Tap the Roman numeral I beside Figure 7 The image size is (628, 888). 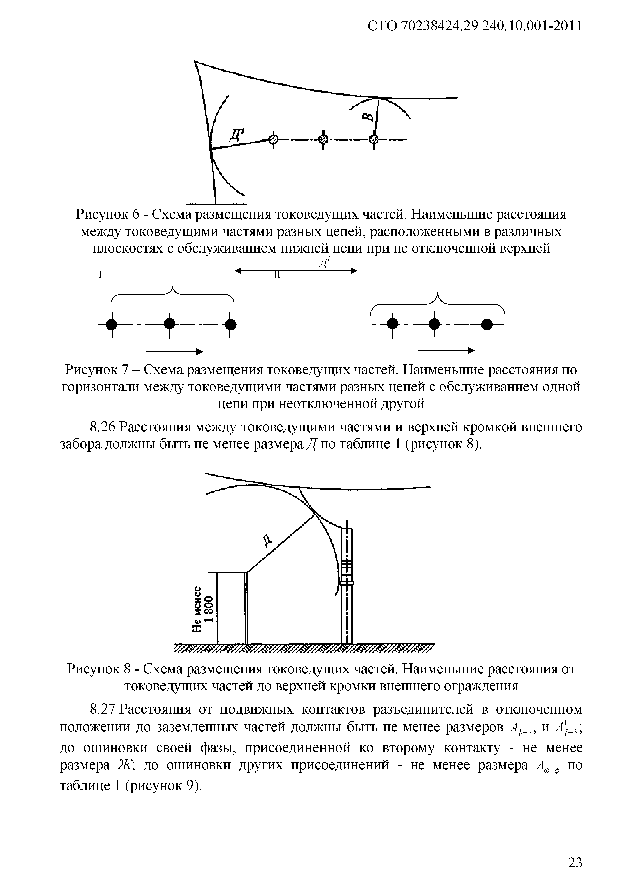coord(100,275)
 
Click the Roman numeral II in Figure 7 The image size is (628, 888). coord(277,275)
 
